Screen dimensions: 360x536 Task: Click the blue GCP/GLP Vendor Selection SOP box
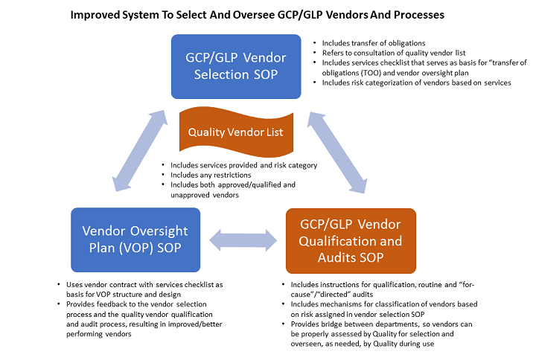235,66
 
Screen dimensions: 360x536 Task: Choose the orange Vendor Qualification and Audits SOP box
350,241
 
